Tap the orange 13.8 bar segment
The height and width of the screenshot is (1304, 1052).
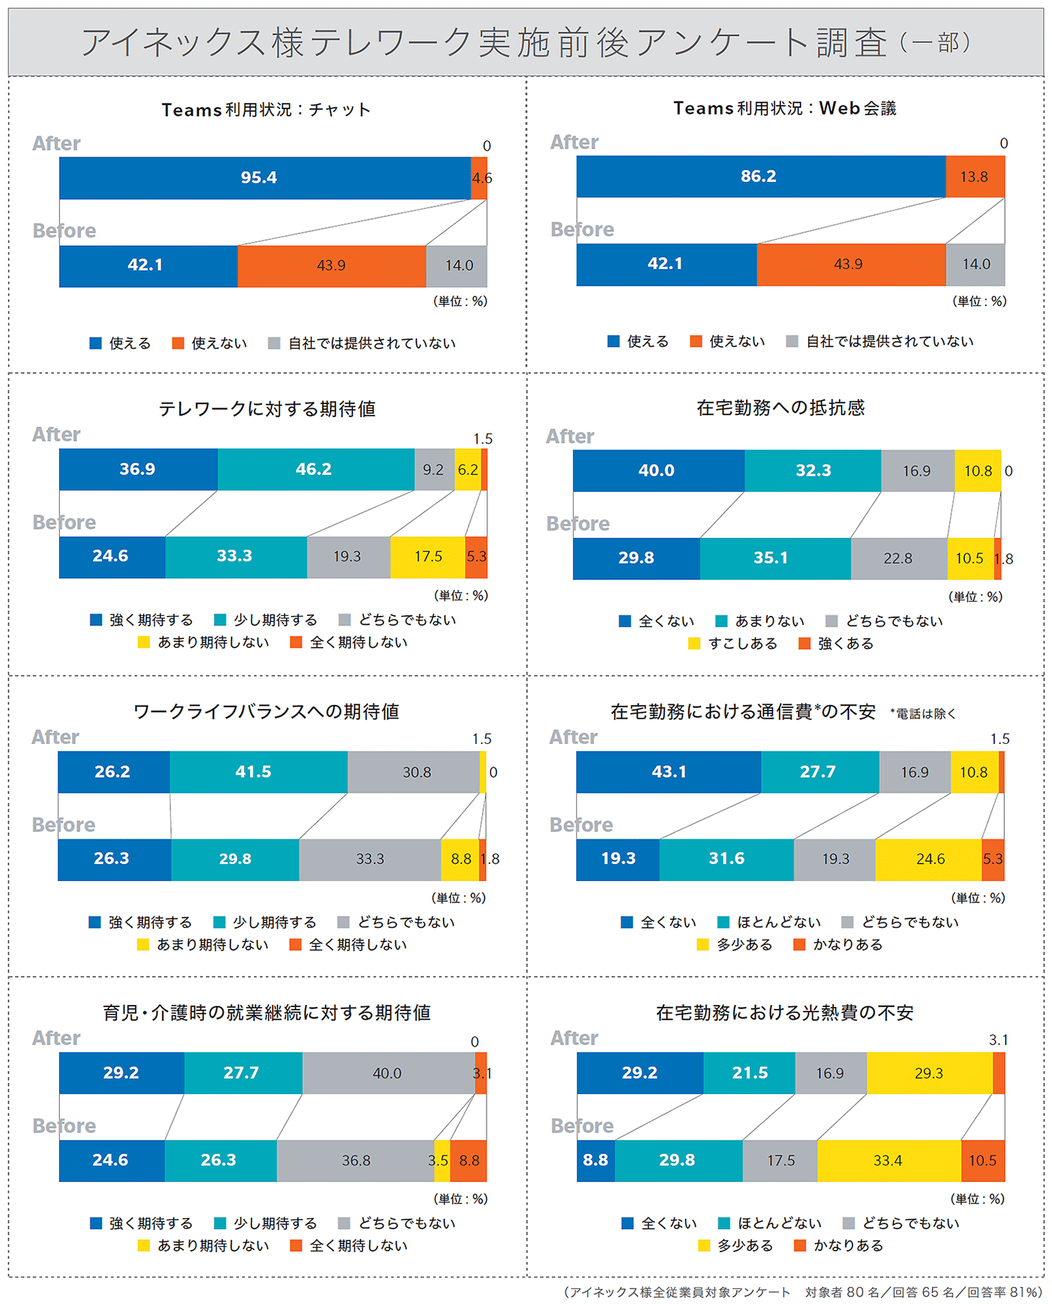[x=974, y=176]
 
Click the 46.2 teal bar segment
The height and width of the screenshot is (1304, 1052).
[x=315, y=469]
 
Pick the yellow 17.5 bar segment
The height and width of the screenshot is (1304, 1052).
[x=427, y=557]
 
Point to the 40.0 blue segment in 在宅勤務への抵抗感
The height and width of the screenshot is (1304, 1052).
[x=657, y=471]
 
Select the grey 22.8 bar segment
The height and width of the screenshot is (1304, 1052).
[x=898, y=559]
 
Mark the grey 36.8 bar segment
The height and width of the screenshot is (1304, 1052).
[x=355, y=1160]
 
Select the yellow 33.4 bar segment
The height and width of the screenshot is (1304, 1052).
[x=888, y=1160]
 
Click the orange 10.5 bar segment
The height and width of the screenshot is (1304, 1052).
[x=983, y=1160]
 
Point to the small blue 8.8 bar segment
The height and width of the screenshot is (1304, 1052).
[x=595, y=1160]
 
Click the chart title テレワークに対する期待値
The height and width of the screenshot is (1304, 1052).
[x=267, y=409]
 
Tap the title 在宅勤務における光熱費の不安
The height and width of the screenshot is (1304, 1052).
[x=784, y=1013]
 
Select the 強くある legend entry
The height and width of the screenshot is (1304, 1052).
[x=837, y=644]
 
